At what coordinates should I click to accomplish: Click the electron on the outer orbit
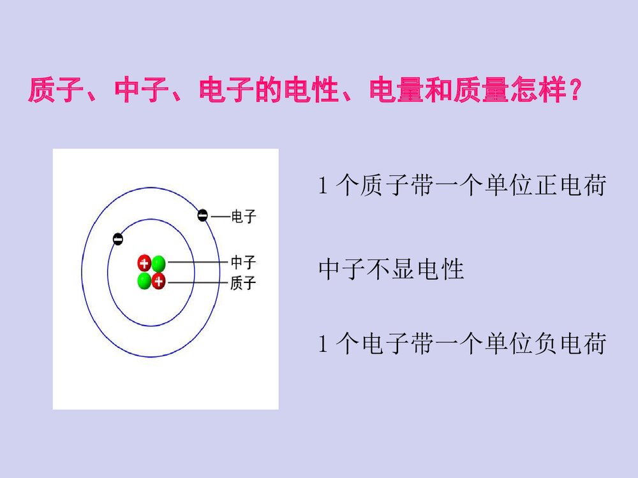(x=202, y=215)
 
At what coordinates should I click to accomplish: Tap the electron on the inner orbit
(x=117, y=239)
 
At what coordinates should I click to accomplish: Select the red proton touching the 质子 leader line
(x=158, y=281)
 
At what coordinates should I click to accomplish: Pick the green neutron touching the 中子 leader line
(x=158, y=263)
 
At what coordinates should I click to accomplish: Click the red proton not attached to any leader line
(x=144, y=263)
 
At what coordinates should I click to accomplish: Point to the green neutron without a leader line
(x=144, y=281)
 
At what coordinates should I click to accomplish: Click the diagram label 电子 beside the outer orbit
(x=243, y=217)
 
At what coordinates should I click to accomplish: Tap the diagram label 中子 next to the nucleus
(x=243, y=263)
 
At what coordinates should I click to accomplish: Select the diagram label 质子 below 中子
(x=243, y=284)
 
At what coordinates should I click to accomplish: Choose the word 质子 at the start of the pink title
(x=55, y=91)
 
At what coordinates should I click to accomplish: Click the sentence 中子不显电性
(x=390, y=270)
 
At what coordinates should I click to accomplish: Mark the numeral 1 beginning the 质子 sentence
(x=323, y=187)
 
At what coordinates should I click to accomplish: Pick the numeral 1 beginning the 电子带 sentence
(x=323, y=345)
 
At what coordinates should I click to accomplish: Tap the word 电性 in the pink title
(x=311, y=91)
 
